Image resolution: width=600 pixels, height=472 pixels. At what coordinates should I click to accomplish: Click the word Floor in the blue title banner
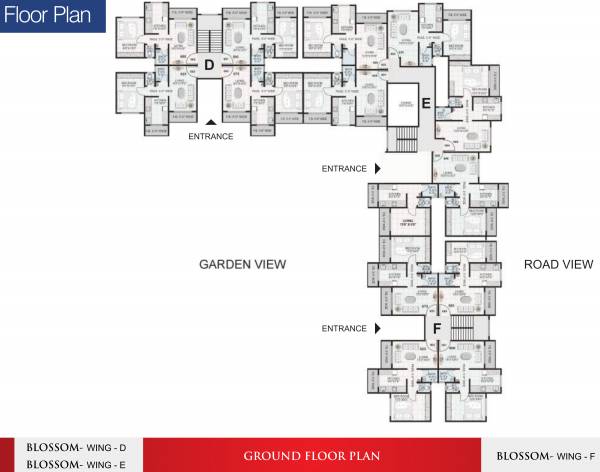pyautogui.click(x=29, y=18)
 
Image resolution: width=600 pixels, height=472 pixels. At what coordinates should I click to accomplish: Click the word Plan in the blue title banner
pyautogui.click(x=75, y=18)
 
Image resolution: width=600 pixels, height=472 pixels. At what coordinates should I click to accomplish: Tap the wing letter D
pyautogui.click(x=209, y=66)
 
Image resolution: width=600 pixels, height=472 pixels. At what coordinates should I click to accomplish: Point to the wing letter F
pyautogui.click(x=435, y=327)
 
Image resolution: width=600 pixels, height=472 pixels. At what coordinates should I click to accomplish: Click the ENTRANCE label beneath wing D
pyautogui.click(x=210, y=136)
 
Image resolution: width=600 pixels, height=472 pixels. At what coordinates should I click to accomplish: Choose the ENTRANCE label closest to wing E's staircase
pyautogui.click(x=344, y=169)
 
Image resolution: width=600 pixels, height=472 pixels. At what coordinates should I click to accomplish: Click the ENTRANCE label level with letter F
pyautogui.click(x=344, y=328)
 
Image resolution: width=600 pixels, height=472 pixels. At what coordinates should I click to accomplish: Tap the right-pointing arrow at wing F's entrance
pyautogui.click(x=377, y=328)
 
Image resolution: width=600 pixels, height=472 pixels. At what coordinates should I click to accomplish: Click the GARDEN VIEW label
pyautogui.click(x=243, y=264)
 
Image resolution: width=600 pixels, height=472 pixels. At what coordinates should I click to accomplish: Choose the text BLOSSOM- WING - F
pyautogui.click(x=544, y=456)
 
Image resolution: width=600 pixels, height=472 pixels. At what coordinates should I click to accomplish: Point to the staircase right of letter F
pyautogui.click(x=461, y=326)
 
